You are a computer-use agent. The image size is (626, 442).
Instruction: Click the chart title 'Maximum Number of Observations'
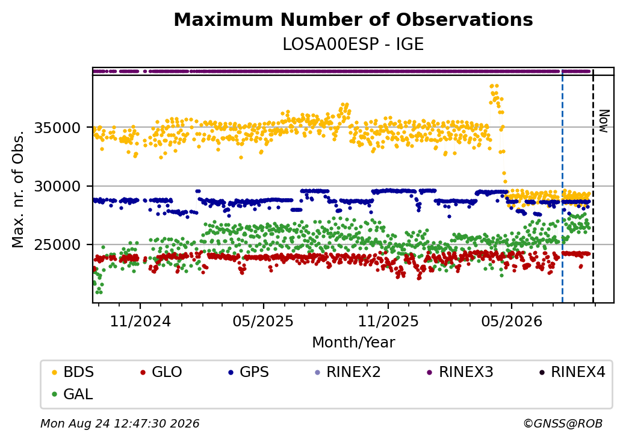353,19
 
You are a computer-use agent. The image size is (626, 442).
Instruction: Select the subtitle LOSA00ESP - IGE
353,45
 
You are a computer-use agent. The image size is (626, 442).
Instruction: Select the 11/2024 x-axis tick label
140,321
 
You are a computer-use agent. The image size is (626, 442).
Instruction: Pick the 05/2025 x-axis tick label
263,321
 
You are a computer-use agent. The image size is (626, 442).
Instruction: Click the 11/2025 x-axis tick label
388,321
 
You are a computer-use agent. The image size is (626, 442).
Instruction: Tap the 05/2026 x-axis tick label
512,321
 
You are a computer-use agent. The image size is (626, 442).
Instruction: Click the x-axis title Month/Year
353,342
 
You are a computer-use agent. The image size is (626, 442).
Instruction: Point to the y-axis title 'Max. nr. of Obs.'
18,189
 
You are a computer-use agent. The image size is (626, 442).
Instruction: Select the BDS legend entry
73,372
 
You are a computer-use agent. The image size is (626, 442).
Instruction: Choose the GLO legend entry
161,372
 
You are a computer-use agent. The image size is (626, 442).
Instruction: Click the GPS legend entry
249,372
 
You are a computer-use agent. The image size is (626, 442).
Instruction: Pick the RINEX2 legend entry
347,372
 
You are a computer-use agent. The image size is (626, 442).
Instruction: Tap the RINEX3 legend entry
460,372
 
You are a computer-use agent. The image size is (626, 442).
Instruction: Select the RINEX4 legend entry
572,372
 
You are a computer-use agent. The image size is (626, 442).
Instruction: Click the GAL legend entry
73,394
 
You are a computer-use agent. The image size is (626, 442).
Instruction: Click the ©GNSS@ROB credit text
563,423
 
